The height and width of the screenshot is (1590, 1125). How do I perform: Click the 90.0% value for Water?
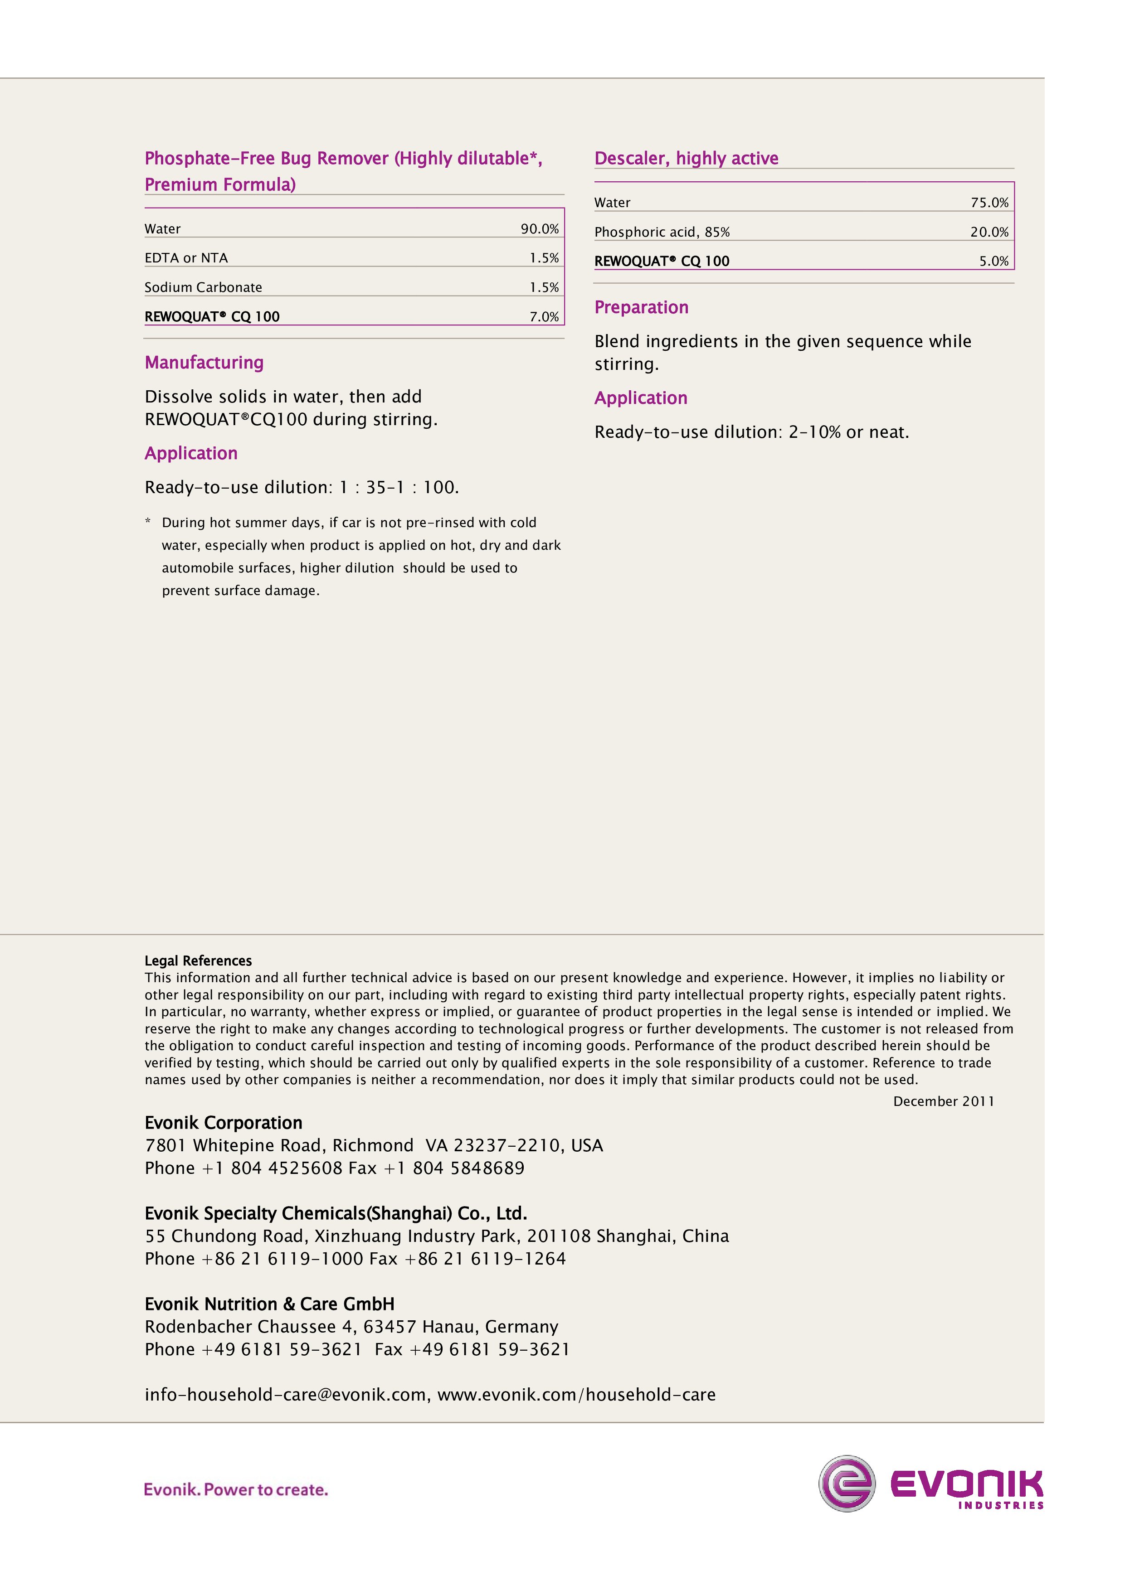click(539, 228)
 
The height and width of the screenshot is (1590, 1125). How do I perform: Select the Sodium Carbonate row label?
click(203, 287)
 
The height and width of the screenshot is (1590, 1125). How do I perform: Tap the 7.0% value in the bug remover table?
click(544, 316)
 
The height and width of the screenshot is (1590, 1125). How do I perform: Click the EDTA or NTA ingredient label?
click(185, 257)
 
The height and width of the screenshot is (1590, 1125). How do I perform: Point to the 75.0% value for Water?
click(989, 202)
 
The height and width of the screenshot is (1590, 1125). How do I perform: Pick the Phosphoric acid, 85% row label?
click(662, 232)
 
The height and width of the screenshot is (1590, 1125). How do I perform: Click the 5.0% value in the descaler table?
click(994, 261)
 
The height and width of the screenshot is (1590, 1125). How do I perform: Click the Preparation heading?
click(641, 307)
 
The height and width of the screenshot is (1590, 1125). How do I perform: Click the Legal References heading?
click(198, 960)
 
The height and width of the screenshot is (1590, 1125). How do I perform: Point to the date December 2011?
click(944, 1101)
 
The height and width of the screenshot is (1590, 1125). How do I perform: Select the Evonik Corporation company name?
click(223, 1123)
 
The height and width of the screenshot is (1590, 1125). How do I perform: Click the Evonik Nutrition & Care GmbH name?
click(269, 1304)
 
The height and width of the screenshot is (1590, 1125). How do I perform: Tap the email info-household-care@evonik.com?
click(285, 1395)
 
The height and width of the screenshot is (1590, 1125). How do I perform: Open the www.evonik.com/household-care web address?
click(576, 1395)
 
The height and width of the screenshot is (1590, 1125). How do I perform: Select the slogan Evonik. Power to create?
click(235, 1489)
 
